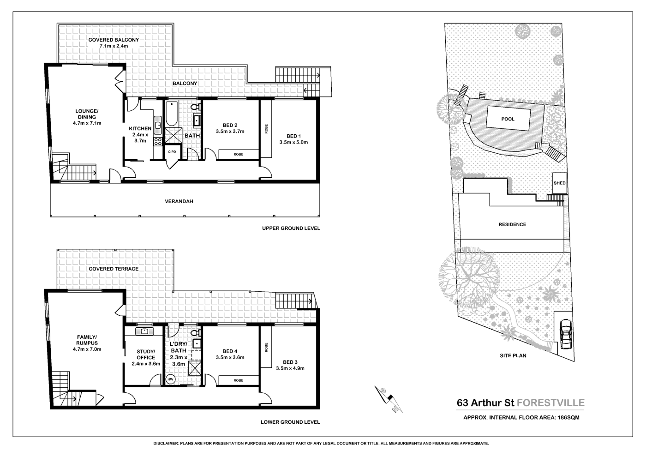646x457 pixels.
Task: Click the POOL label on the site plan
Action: tap(508, 119)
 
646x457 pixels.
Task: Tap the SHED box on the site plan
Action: tap(559, 183)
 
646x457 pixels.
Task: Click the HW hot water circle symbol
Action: tap(171, 379)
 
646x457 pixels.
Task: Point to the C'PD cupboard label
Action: tap(172, 152)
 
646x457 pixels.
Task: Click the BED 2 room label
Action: tap(230, 125)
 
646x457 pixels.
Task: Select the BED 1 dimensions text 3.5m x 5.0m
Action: tap(293, 142)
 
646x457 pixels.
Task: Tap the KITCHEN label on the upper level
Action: tap(140, 128)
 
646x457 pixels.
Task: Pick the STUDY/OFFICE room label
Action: tap(146, 355)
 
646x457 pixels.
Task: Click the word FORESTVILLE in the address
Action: tap(550, 403)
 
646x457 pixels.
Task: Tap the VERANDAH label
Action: tap(179, 201)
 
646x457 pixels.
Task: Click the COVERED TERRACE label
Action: tap(114, 269)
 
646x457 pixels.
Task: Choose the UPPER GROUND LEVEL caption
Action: tap(291, 228)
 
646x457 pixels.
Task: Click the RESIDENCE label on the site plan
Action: tap(512, 224)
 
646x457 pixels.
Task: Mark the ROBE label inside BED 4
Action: tap(238, 380)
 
